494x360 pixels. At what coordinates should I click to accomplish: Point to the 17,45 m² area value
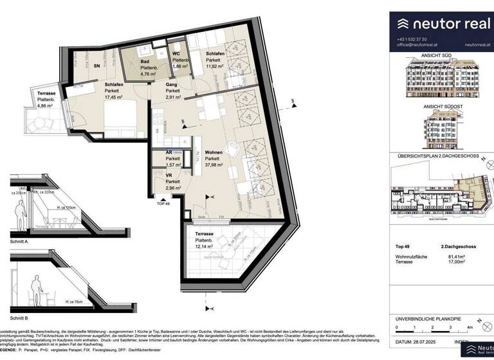(x=114, y=98)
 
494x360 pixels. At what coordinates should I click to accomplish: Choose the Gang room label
(x=171, y=84)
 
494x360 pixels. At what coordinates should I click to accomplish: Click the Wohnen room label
(x=214, y=152)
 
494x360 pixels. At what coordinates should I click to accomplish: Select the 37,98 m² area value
(x=214, y=165)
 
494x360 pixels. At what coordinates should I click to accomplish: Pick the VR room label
(x=169, y=175)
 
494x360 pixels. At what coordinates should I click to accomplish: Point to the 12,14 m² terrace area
(x=201, y=245)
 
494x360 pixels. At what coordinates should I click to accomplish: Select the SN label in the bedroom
(x=97, y=66)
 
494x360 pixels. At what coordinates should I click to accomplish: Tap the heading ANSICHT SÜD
(x=440, y=56)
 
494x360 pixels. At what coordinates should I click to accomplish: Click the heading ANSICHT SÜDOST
(x=440, y=107)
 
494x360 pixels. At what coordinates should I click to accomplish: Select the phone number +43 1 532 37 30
(x=412, y=39)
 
